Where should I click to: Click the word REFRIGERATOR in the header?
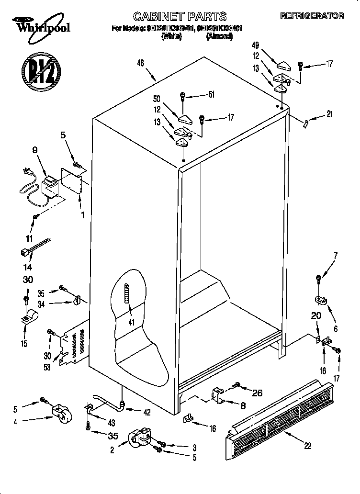pyautogui.click(x=312, y=16)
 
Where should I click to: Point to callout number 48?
pyautogui.click(x=140, y=63)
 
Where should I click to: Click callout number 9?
pyautogui.click(x=34, y=150)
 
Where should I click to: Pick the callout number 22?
pyautogui.click(x=307, y=446)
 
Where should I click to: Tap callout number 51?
pyautogui.click(x=211, y=95)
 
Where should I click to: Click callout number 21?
pyautogui.click(x=329, y=114)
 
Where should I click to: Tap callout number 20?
pyautogui.click(x=315, y=315)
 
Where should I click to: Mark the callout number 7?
pyautogui.click(x=336, y=255)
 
